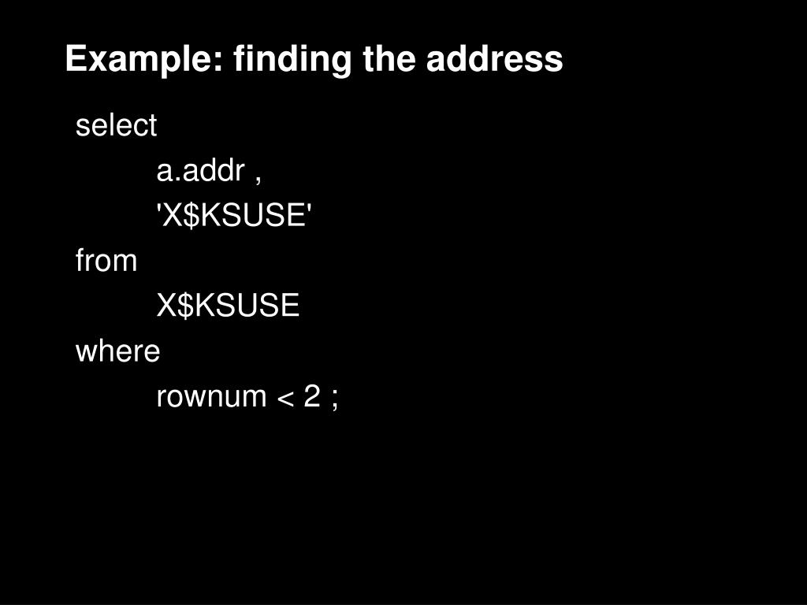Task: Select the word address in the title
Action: tap(495, 58)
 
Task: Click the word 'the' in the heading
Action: tap(389, 58)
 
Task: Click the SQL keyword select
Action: tap(116, 125)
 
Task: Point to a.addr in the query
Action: tap(200, 170)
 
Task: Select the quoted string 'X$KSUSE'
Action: tap(234, 214)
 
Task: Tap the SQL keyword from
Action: tap(106, 260)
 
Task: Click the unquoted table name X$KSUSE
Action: tap(228, 305)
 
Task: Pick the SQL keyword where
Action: tap(118, 351)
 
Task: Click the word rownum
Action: tap(211, 397)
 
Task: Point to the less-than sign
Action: tap(285, 398)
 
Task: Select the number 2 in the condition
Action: tap(312, 395)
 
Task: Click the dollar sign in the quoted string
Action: tap(191, 215)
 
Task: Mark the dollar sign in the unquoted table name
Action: tap(186, 306)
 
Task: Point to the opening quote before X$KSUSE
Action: tap(158, 207)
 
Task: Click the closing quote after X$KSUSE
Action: tap(309, 207)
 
